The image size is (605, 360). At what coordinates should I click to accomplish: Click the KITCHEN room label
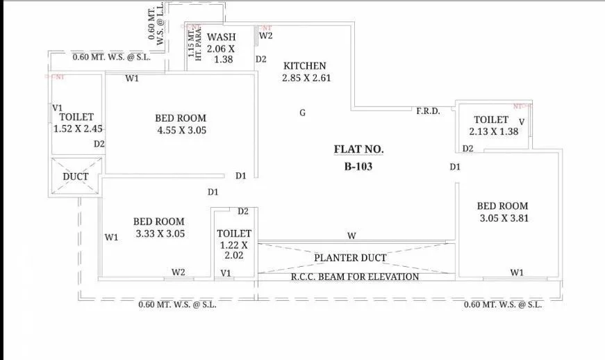304,66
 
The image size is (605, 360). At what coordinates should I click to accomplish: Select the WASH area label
222,37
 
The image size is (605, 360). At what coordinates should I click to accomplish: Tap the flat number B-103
358,166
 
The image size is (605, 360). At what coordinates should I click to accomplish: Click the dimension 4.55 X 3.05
181,130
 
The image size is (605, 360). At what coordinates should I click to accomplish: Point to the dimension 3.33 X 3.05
159,234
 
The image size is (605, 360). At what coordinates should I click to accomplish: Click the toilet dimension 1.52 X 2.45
78,129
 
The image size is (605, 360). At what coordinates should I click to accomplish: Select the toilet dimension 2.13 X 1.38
494,131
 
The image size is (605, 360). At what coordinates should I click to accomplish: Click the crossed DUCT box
76,176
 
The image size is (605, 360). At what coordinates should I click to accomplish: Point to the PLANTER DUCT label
350,258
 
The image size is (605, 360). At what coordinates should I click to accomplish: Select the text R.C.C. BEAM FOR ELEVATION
354,277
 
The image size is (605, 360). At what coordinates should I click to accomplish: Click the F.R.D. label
428,111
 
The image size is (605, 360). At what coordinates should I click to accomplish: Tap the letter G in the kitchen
302,113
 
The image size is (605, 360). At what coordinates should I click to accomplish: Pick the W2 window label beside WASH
266,35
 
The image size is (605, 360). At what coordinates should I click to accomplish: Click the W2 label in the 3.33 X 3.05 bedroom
179,272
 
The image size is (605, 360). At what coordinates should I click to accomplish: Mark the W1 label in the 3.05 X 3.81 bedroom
516,272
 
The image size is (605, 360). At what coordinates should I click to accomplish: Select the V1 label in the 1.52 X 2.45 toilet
58,108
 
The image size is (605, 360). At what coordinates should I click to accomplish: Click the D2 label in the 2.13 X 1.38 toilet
467,149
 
